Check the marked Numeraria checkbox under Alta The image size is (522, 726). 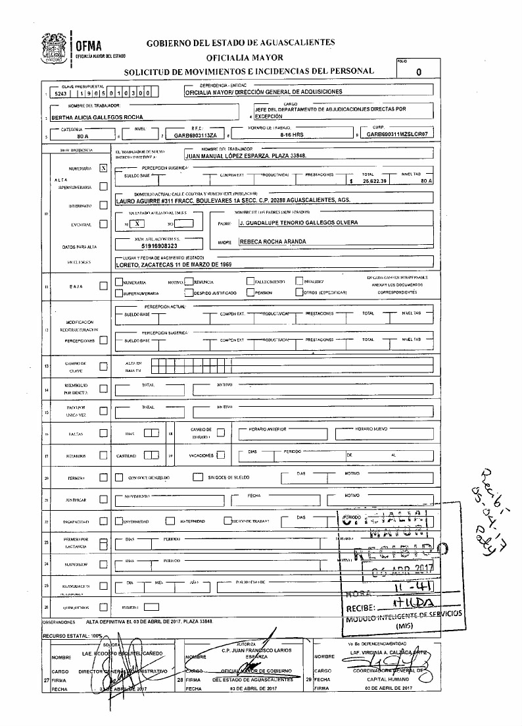(103, 169)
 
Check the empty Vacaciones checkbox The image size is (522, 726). (221, 455)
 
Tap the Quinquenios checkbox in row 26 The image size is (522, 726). (103, 608)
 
